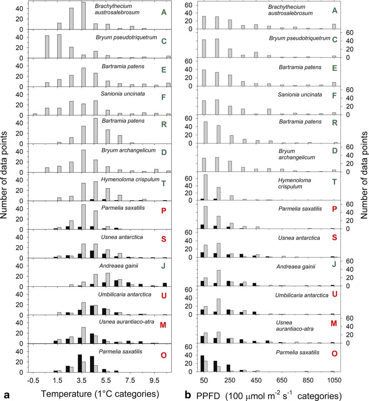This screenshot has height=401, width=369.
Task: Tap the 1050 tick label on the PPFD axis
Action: tap(334, 381)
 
